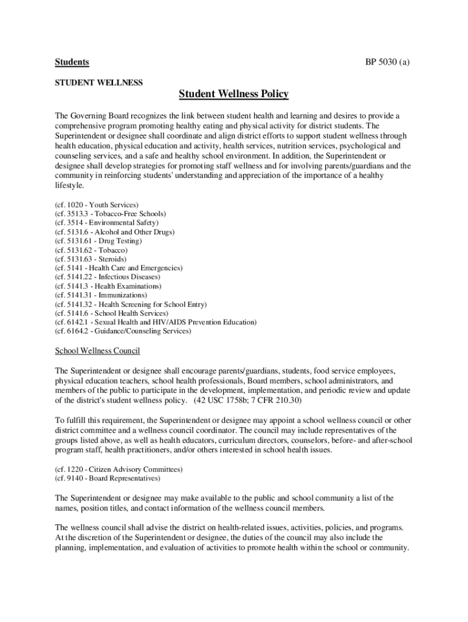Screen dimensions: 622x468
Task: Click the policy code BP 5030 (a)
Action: tap(387, 62)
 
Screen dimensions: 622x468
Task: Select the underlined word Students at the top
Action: tap(72, 62)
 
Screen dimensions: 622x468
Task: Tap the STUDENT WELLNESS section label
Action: tap(99, 82)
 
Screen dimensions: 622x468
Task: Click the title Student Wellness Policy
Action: tap(233, 94)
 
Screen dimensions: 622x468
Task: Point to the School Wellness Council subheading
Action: tap(98, 351)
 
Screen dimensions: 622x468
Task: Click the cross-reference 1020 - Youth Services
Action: tap(97, 205)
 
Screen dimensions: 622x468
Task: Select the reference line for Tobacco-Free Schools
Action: tap(111, 214)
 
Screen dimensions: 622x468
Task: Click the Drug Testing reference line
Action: tap(98, 241)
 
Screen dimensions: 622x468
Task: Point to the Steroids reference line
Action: tap(91, 259)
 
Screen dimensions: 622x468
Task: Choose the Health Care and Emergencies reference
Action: tap(119, 268)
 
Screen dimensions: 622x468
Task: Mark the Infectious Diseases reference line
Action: tap(108, 277)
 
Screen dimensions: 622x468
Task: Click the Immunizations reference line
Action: tap(101, 295)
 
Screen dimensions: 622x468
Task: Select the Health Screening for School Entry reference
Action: tap(131, 304)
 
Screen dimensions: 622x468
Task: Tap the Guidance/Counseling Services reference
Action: tap(123, 332)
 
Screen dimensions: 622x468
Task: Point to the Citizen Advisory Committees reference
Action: tap(119, 470)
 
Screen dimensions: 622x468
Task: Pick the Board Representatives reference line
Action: tap(108, 479)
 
